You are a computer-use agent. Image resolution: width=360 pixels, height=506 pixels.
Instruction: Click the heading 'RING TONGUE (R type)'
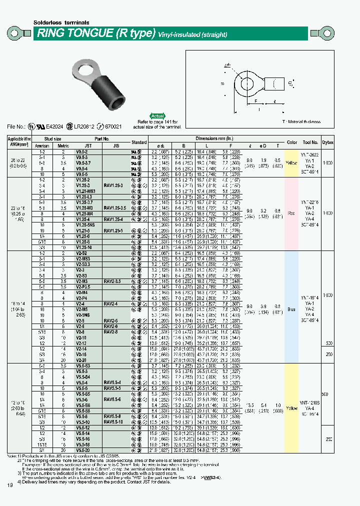coord(94,34)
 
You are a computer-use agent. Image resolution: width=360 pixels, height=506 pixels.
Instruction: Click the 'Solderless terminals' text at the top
coord(61,22)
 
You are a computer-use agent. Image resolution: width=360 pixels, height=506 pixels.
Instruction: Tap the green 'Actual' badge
coord(157,115)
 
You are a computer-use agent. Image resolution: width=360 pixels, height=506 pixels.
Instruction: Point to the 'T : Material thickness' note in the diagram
coord(301,121)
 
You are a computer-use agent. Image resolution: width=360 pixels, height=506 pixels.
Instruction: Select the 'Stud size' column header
coord(53,138)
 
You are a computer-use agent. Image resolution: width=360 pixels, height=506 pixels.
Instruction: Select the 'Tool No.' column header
coord(310,142)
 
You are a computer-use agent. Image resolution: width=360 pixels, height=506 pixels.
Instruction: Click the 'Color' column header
coord(292,142)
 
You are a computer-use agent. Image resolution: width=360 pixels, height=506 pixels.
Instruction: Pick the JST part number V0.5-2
coord(82,150)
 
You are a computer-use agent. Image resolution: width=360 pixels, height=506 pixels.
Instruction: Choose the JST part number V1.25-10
coord(83,247)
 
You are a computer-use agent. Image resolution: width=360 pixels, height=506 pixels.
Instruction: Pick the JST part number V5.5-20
coord(83,449)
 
